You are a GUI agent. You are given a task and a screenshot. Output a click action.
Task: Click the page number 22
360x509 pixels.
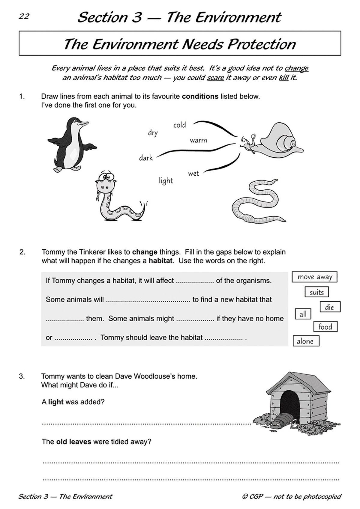click(x=24, y=16)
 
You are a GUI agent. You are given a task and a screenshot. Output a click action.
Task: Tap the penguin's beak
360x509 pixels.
click(x=84, y=123)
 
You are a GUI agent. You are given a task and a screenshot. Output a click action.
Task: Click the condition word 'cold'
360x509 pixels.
click(x=180, y=125)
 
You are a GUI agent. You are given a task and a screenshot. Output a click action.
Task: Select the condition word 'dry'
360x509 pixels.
click(x=153, y=133)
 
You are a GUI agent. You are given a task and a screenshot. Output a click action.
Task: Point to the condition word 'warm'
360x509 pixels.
click(x=198, y=140)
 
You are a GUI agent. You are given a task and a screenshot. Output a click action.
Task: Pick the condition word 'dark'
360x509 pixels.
click(x=146, y=158)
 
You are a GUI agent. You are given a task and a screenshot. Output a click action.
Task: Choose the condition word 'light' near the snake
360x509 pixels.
click(x=166, y=180)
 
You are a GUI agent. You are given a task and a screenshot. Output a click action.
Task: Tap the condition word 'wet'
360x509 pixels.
click(x=193, y=174)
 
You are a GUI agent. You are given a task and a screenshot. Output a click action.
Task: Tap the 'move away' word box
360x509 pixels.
click(x=314, y=277)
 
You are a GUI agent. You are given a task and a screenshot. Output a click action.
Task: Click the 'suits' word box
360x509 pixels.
click(x=316, y=292)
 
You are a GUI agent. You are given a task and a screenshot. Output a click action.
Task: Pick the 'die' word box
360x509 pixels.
click(x=329, y=307)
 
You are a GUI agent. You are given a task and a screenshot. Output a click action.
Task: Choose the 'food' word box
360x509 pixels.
click(x=325, y=326)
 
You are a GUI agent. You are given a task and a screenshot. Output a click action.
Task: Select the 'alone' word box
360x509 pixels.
click(x=305, y=341)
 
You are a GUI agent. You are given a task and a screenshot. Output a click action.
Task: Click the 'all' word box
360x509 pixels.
click(x=303, y=314)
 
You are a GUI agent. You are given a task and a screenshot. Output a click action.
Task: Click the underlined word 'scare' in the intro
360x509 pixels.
click(x=215, y=78)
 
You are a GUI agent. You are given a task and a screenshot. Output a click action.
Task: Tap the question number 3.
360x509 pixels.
click(x=22, y=376)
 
